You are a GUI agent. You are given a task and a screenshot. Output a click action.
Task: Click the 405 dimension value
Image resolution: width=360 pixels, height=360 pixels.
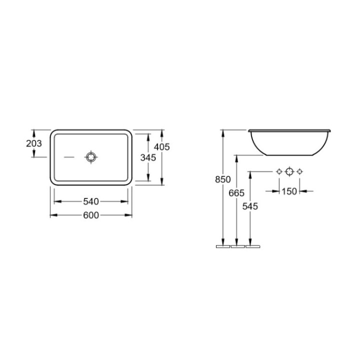click(162, 147)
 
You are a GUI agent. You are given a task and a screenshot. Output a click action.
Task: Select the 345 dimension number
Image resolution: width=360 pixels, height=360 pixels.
click(148, 157)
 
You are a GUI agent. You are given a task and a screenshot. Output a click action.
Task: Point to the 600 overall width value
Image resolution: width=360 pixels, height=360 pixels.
click(90, 215)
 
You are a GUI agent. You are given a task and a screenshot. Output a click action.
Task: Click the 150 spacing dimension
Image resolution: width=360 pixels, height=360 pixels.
click(289, 191)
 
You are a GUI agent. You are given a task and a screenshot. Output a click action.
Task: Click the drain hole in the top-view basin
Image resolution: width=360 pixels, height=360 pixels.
click(90, 157)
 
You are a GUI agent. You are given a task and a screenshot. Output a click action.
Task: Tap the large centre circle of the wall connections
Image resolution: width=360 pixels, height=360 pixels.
click(289, 172)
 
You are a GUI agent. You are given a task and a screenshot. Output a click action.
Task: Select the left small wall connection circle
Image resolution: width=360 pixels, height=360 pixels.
click(279, 172)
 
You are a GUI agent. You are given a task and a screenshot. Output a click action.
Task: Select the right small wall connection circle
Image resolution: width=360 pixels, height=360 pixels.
click(299, 172)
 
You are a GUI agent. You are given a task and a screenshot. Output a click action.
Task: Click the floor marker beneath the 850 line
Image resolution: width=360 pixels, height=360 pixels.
click(222, 246)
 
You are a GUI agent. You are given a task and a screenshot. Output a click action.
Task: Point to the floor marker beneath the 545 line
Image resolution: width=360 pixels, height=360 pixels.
click(253, 246)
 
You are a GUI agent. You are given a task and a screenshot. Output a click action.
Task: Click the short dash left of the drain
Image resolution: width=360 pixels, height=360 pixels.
click(69, 157)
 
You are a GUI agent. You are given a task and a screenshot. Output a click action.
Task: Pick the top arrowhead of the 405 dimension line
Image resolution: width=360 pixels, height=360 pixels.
click(162, 132)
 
